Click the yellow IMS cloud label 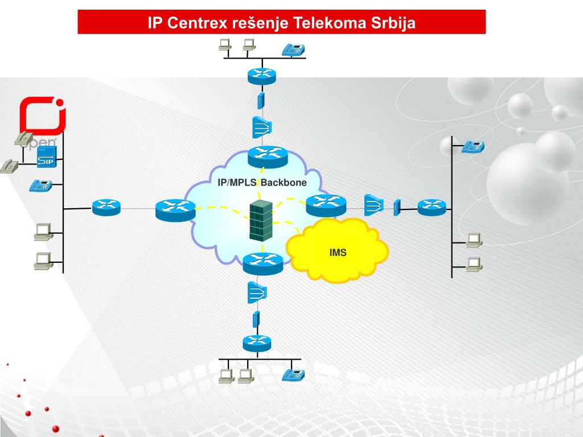pos(338,252)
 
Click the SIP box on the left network pos(46,159)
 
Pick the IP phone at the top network pos(294,50)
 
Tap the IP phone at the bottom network pos(294,374)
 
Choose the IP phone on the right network pos(473,146)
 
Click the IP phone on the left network pos(41,185)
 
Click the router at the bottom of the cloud pos(262,262)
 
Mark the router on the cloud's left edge pos(175,209)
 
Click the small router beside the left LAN pos(106,207)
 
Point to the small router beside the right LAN pos(432,208)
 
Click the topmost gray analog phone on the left pos(24,138)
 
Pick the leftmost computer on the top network pos(225,44)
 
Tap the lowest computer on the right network pos(474,264)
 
